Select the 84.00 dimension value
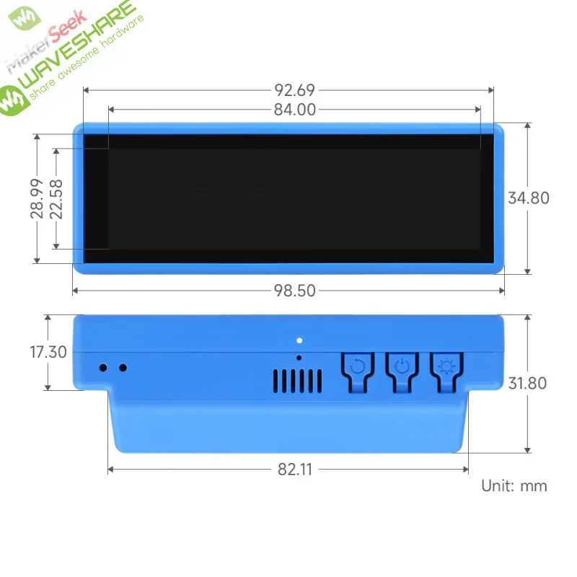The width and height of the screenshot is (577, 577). (295, 110)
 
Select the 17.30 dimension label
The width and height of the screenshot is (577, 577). (48, 353)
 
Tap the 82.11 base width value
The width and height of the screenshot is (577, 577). (295, 470)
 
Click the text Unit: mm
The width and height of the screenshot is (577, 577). (514, 486)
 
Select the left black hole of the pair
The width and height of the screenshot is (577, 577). (103, 368)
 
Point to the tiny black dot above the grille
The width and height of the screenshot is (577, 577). (299, 357)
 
